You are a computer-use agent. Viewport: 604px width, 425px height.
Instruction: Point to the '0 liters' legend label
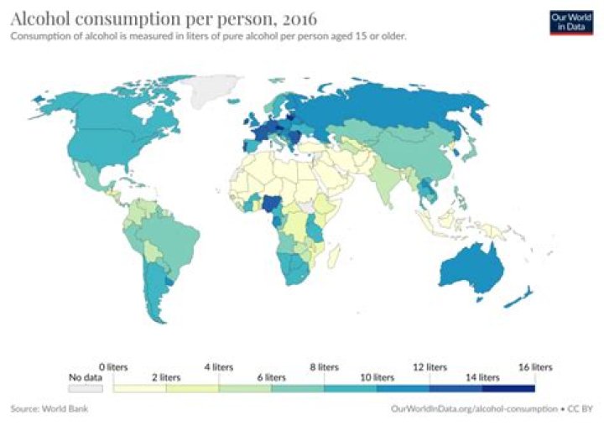point(112,367)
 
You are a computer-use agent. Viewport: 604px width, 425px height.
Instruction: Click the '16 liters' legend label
point(535,367)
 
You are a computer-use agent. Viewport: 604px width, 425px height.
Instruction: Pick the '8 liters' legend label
point(324,367)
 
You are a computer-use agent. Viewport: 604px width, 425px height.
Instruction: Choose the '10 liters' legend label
point(377,376)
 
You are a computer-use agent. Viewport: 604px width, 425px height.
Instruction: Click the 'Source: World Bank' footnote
point(49,408)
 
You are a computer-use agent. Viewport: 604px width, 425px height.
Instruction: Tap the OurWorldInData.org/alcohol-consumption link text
point(473,408)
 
